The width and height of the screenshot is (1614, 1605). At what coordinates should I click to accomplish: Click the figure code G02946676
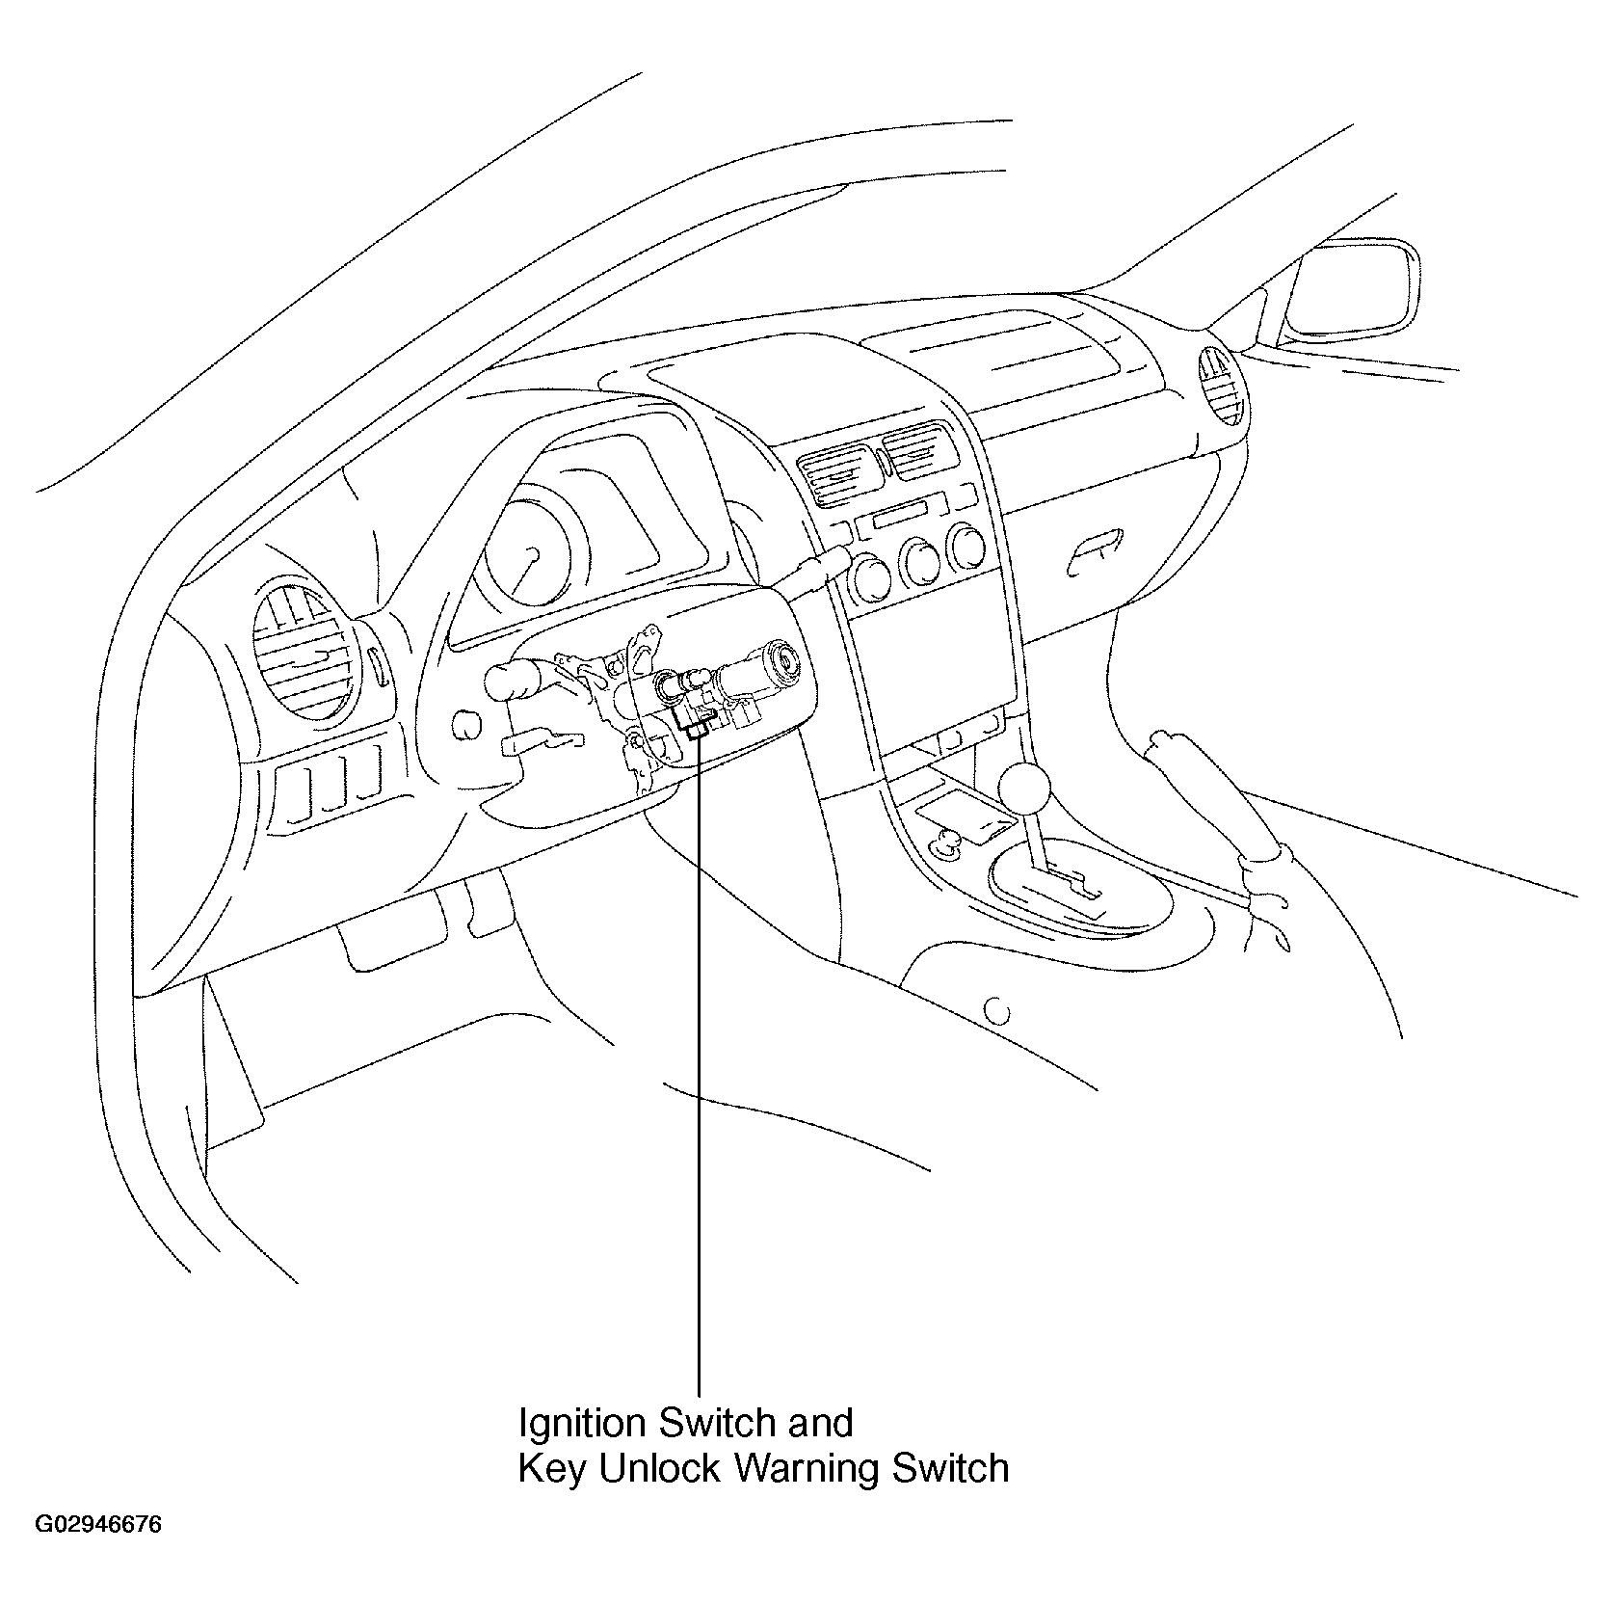tap(99, 1553)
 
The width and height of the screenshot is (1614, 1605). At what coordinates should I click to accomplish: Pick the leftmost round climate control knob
tap(873, 573)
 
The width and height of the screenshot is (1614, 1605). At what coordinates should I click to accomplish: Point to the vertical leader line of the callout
tap(698, 1060)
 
